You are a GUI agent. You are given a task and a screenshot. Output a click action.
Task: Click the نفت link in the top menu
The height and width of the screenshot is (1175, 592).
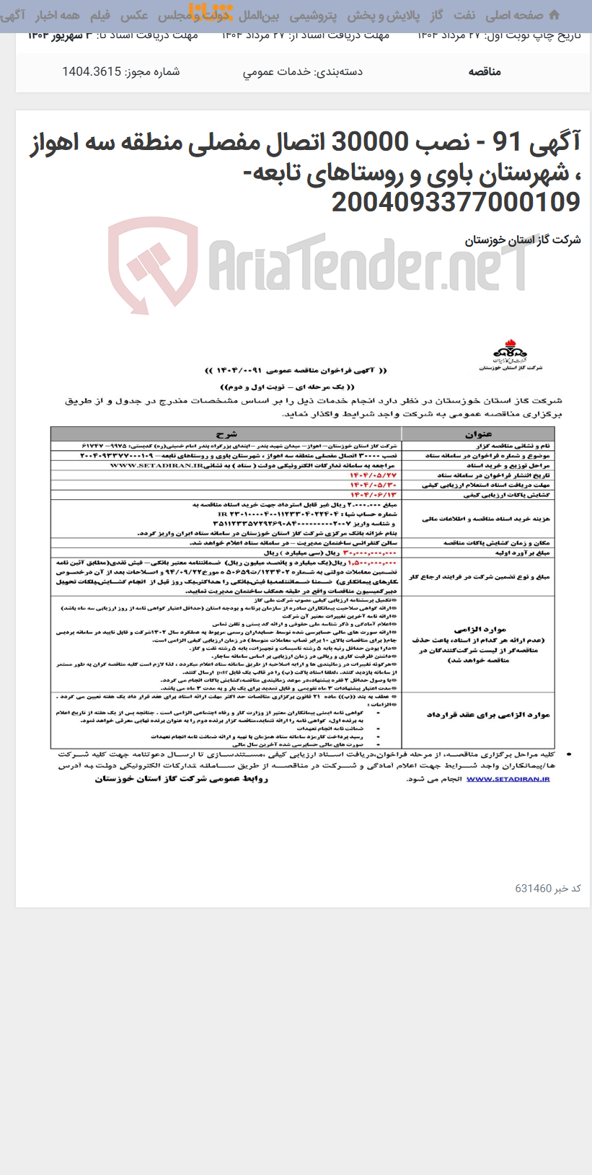point(464,15)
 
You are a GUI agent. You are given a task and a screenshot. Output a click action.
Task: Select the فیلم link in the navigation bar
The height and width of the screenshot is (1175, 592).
point(100,15)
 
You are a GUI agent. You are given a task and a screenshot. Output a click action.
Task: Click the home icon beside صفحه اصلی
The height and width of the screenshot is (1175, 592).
point(554,15)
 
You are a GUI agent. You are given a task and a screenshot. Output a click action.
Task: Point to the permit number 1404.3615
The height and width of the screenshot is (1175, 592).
point(92,72)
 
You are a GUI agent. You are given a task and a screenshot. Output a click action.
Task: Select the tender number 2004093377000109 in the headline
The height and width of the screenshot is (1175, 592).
point(456,203)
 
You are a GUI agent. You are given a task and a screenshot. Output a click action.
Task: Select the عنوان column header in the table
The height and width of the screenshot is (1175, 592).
point(478,434)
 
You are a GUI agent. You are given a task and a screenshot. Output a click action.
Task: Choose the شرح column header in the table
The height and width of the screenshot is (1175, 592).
point(226,434)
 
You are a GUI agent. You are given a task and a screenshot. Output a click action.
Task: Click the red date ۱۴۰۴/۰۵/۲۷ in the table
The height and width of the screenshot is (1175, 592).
point(374,475)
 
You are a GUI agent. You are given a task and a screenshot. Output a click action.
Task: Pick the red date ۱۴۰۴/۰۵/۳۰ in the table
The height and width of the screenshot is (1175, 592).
point(374,485)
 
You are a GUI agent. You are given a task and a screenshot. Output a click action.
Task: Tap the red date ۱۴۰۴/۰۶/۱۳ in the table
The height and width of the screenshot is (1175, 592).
point(374,495)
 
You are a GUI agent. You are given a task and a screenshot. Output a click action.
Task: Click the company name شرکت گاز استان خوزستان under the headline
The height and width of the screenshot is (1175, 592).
point(522,240)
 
